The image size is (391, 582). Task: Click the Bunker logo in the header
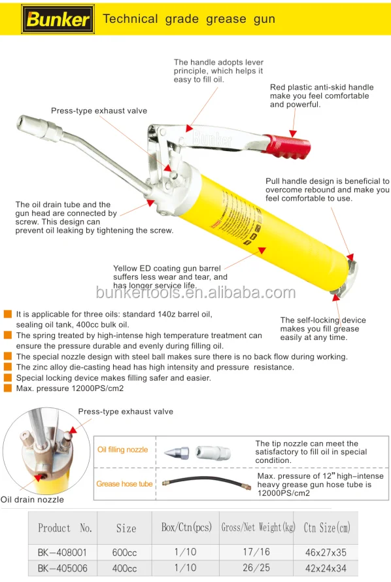click(x=58, y=19)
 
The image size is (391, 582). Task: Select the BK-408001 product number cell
click(x=62, y=553)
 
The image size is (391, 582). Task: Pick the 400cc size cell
click(x=125, y=568)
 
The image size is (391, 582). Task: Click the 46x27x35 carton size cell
click(x=326, y=553)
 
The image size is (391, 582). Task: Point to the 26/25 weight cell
click(x=256, y=568)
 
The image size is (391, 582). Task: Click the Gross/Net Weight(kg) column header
click(x=258, y=528)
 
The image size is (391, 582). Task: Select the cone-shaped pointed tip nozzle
click(x=177, y=453)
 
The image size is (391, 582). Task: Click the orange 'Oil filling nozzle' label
click(x=122, y=449)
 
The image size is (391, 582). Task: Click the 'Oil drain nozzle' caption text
click(x=32, y=500)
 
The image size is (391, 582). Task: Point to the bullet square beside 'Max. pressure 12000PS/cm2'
click(x=7, y=388)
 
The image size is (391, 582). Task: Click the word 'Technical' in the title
click(x=130, y=19)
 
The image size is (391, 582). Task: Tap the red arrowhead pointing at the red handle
click(x=293, y=133)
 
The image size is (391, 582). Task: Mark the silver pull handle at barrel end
click(x=347, y=279)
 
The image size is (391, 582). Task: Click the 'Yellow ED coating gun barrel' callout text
click(x=167, y=268)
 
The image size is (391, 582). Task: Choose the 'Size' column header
click(x=126, y=528)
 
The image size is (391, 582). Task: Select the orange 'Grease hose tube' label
click(x=124, y=484)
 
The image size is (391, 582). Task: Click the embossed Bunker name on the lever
click(x=212, y=139)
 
